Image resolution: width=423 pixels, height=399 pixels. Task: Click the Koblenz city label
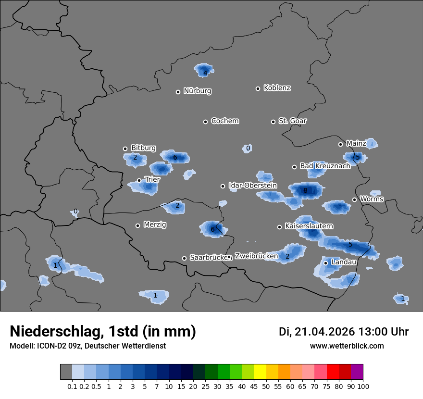(x=277, y=88)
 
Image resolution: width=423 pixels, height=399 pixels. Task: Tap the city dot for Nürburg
(x=178, y=92)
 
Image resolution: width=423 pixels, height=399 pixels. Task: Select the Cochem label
(x=225, y=121)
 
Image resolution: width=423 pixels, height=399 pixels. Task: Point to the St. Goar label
(x=292, y=121)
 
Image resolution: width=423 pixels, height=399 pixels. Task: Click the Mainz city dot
(x=340, y=144)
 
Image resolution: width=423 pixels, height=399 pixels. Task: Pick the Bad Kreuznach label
(x=325, y=166)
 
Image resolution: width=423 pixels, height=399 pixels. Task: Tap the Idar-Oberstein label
(x=252, y=186)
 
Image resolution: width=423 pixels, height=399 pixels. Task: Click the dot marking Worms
(x=354, y=199)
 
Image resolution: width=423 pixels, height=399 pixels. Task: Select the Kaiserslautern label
(x=309, y=226)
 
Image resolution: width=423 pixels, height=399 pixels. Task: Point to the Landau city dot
(x=325, y=263)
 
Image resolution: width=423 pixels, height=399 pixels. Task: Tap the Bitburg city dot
(x=125, y=149)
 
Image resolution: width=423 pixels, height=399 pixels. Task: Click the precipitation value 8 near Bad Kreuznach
(x=305, y=191)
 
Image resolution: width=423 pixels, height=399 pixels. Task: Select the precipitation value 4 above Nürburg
(x=205, y=73)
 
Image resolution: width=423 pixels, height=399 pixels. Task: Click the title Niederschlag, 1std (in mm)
(x=103, y=331)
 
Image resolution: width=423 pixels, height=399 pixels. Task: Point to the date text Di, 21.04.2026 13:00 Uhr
(x=343, y=332)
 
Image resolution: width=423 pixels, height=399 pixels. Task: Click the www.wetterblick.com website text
(x=347, y=346)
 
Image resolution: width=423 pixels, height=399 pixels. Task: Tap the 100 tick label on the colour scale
(x=363, y=386)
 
